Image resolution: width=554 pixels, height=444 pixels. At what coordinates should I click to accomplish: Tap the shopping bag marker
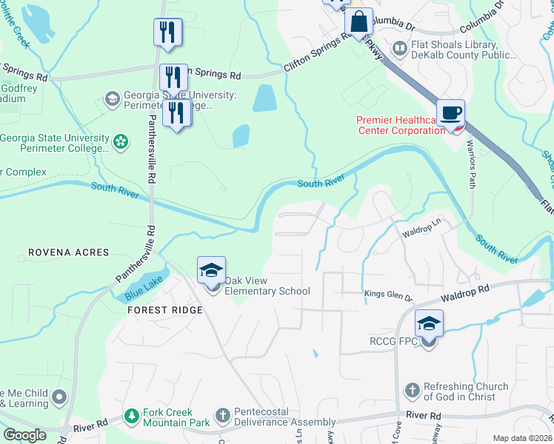click(358, 23)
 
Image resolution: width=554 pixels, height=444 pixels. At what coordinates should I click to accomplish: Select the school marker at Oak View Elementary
click(211, 272)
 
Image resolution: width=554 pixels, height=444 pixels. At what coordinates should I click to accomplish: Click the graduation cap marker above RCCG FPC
click(428, 324)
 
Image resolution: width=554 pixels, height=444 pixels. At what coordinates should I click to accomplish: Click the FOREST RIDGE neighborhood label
click(164, 310)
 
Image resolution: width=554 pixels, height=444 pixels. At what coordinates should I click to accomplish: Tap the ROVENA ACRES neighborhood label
click(68, 252)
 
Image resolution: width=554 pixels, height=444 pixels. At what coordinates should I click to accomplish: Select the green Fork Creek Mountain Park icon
click(132, 417)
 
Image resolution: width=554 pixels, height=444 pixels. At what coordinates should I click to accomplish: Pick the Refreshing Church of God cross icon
click(412, 390)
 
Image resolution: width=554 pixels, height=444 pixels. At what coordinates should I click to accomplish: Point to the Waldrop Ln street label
click(421, 233)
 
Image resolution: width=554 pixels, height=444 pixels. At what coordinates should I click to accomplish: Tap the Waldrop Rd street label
click(465, 293)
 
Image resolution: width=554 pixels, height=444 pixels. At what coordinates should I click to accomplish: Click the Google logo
click(24, 435)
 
